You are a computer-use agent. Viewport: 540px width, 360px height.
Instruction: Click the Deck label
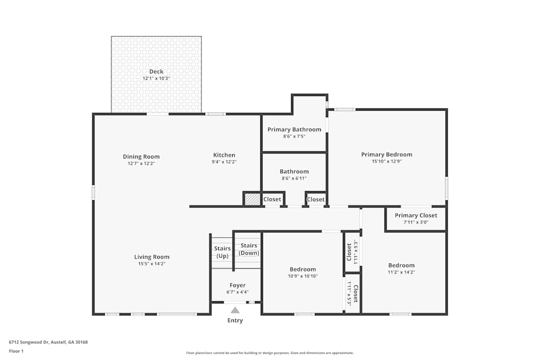click(156, 72)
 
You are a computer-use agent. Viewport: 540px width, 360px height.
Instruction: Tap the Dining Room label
click(141, 157)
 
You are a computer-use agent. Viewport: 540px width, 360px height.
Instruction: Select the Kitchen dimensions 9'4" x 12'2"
click(224, 162)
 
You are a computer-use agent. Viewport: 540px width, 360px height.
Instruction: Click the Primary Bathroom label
click(294, 130)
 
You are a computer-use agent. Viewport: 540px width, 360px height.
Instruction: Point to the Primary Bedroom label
click(387, 155)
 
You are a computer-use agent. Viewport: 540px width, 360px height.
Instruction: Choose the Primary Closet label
click(416, 215)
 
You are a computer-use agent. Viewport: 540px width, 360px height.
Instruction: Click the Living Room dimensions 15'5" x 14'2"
click(152, 264)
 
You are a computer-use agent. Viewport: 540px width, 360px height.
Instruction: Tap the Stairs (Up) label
click(222, 252)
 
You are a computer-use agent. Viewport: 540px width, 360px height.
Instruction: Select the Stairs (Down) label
click(248, 249)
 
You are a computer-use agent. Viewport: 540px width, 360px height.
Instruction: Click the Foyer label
click(238, 286)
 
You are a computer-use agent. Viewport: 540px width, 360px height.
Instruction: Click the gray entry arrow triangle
click(235, 310)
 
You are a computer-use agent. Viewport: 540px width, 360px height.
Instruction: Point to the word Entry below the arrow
click(235, 321)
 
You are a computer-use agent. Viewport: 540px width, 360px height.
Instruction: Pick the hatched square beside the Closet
click(252, 199)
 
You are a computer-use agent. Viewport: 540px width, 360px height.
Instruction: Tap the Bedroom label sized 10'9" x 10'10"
click(303, 269)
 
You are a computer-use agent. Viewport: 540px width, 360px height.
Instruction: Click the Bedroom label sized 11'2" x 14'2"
click(401, 266)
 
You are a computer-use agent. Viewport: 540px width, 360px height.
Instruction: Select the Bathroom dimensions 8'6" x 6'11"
click(294, 178)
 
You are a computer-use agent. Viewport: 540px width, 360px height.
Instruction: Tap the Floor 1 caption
click(16, 351)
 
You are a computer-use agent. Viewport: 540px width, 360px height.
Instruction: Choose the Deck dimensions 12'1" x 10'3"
click(156, 78)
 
